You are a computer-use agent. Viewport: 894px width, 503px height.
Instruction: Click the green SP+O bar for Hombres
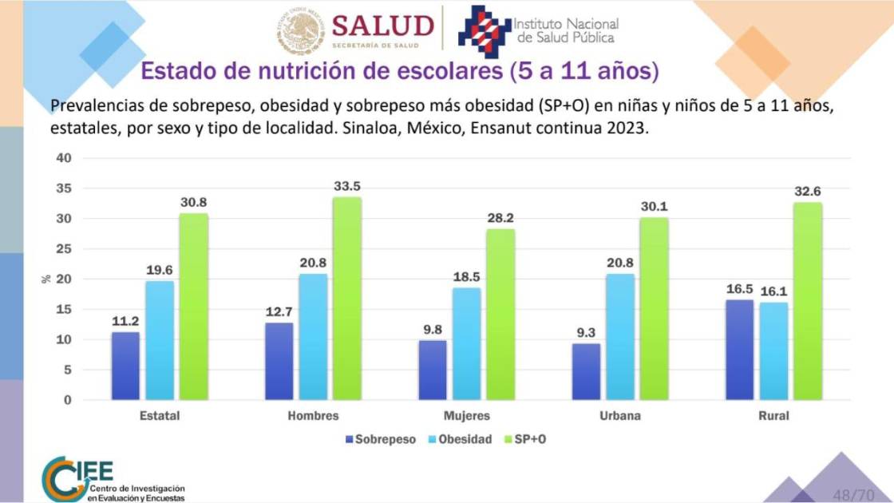pos(346,299)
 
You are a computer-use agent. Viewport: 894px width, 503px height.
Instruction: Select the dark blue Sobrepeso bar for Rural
pos(740,350)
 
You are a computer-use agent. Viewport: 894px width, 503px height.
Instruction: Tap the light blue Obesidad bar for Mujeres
pos(467,343)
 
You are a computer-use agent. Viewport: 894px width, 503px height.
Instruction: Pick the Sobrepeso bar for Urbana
pos(587,371)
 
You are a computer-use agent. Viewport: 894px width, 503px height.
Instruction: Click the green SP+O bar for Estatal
pos(193,307)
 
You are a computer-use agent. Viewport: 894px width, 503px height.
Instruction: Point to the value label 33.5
pos(346,186)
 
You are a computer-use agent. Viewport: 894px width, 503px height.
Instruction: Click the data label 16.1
pos(773,291)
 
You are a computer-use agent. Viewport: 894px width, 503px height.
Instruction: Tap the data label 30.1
pos(654,207)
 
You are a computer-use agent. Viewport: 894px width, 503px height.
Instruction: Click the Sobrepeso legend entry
pos(381,439)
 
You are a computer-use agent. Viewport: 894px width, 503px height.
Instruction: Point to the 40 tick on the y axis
pos(64,158)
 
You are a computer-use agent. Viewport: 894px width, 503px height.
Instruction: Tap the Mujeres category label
pos(467,416)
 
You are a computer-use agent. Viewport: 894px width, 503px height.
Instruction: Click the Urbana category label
pos(620,416)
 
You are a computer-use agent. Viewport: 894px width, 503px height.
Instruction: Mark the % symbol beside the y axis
pos(45,279)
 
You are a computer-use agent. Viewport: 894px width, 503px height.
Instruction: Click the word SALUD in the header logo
pos(382,26)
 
